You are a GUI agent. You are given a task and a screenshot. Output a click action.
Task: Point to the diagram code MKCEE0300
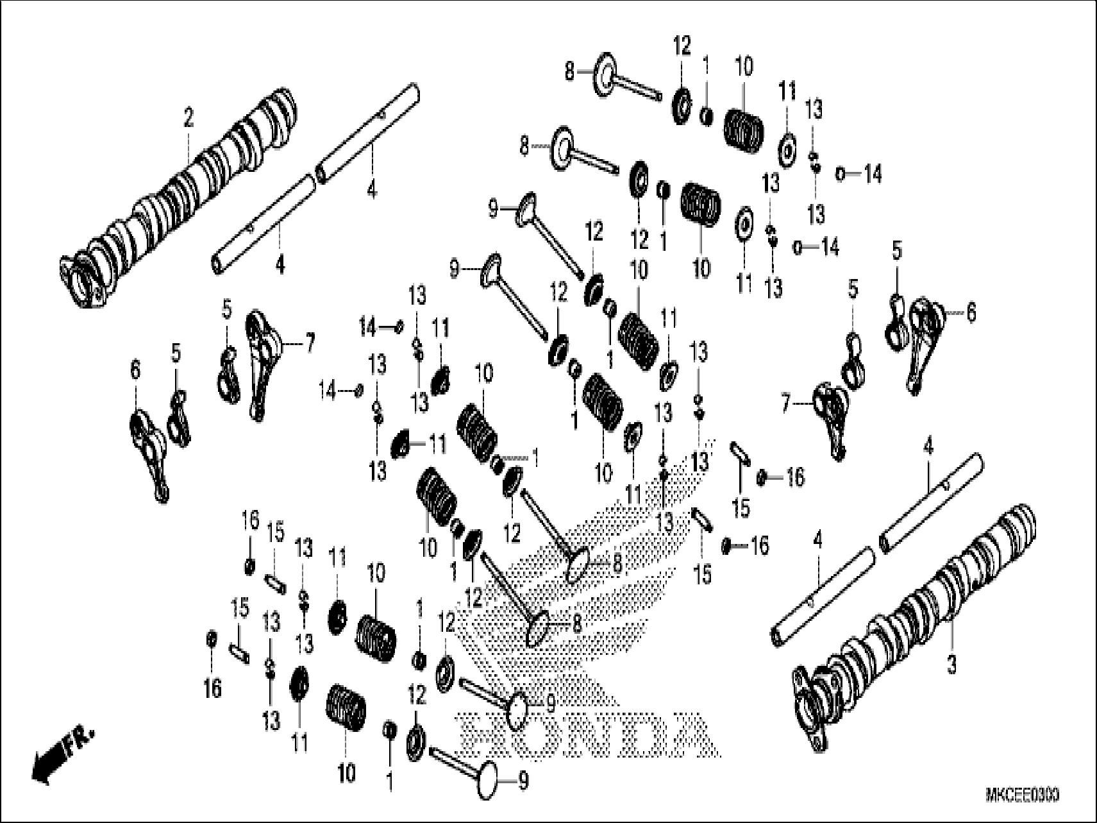coord(1021,796)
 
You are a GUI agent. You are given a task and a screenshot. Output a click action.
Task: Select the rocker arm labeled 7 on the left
coord(262,362)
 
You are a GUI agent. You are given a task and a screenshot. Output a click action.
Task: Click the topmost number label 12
coord(682,46)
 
